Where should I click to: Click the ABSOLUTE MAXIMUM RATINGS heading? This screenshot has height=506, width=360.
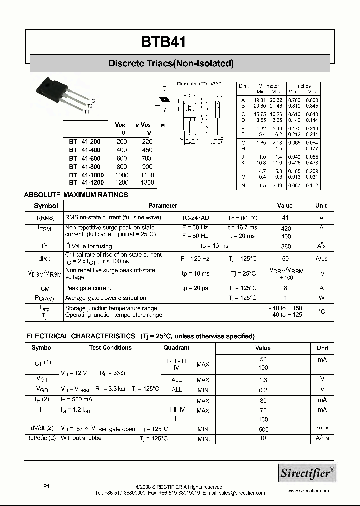[x=76, y=195]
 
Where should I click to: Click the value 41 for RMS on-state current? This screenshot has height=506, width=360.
[x=286, y=218]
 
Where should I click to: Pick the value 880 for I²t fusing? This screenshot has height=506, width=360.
[x=286, y=246]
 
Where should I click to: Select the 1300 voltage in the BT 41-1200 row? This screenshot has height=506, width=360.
[x=148, y=183]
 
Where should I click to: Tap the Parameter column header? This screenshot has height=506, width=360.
[x=163, y=206]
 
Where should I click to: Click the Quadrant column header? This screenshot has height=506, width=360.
[x=177, y=348]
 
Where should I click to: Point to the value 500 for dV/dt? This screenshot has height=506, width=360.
[x=263, y=429]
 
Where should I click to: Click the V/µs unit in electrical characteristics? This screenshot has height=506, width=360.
[x=322, y=429]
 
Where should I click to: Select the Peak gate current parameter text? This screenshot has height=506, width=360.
[x=88, y=288]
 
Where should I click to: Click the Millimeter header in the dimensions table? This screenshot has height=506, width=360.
[x=269, y=86]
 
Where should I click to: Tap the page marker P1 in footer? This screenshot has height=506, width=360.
[x=47, y=486]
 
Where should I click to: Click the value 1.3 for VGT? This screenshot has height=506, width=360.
[x=263, y=380]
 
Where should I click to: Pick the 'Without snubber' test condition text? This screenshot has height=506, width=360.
[x=82, y=438]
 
